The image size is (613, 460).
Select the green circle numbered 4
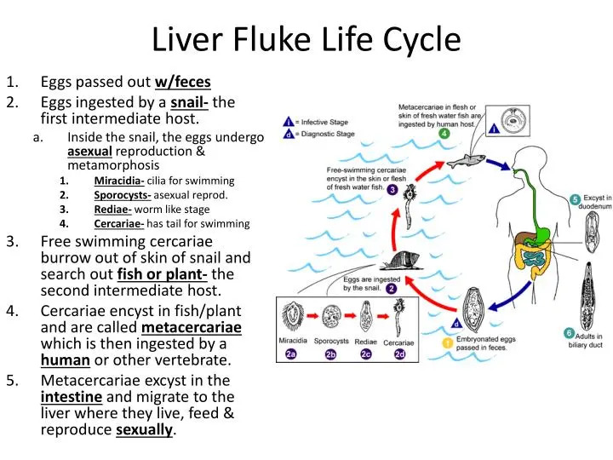point(444,134)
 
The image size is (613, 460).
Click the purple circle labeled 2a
point(292,354)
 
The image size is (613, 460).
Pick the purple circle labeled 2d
point(399,354)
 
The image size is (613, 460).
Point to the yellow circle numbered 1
point(448,342)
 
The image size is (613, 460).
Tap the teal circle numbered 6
point(570,333)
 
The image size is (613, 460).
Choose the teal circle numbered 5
point(576,198)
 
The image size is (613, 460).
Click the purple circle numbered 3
point(392,190)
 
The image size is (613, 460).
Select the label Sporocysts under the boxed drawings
point(331,341)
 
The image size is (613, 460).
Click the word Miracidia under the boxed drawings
point(292,341)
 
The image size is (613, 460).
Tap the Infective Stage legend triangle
point(289,122)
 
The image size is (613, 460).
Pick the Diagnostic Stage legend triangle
point(289,134)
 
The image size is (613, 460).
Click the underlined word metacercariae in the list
point(192,328)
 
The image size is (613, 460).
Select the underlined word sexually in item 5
point(144,429)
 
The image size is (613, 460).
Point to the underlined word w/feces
point(182,83)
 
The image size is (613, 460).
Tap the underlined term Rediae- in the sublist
point(112,210)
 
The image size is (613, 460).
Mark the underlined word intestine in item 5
point(72,397)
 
